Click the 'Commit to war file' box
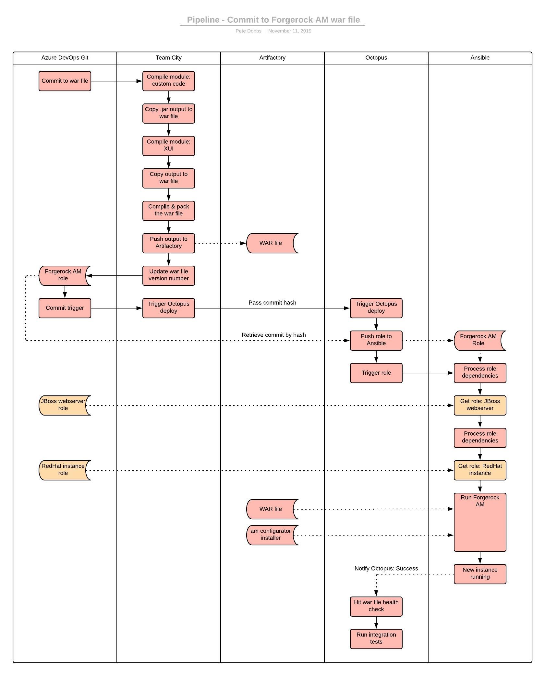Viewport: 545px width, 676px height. tap(65, 81)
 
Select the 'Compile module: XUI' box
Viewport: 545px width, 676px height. tap(168, 146)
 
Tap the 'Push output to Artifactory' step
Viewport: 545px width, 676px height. tap(168, 243)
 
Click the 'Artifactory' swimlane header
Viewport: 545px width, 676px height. tap(272, 58)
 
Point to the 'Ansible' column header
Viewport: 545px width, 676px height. tap(480, 58)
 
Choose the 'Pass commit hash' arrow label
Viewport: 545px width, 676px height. tap(272, 303)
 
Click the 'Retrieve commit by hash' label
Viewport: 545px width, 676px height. tap(273, 335)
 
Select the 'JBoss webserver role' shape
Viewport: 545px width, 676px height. tap(63, 405)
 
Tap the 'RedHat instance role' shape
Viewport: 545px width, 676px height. tap(63, 470)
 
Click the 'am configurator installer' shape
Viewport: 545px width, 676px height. tap(271, 535)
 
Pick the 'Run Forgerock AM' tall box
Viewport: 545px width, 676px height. tap(480, 522)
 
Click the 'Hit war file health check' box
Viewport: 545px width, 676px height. tap(376, 606)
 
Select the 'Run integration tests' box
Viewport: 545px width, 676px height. tap(376, 639)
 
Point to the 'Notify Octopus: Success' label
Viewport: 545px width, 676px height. tap(386, 568)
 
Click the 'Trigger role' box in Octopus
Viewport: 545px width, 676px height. tap(376, 373)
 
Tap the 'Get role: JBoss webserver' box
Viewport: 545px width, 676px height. tap(480, 405)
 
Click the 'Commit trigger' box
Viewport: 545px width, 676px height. tap(65, 308)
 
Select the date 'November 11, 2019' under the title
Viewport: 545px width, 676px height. tap(290, 31)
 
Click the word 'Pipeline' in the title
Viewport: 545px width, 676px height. tap(203, 20)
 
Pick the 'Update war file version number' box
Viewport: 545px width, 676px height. tap(168, 275)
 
